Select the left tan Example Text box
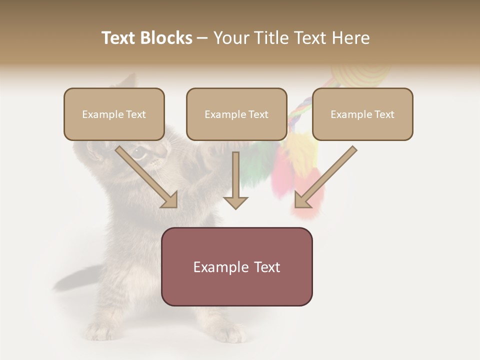coord(114,114)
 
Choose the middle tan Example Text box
coord(236,114)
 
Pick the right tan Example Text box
coord(362,114)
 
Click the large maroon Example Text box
coord(236,266)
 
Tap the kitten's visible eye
coord(138,152)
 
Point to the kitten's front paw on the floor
coord(227,332)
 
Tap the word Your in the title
coord(231,38)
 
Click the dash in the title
coord(202,38)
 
